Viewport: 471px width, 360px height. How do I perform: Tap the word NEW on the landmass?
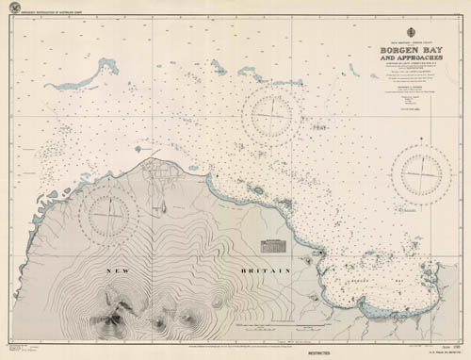tap(121, 270)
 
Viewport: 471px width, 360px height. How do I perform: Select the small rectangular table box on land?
tap(275, 245)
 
